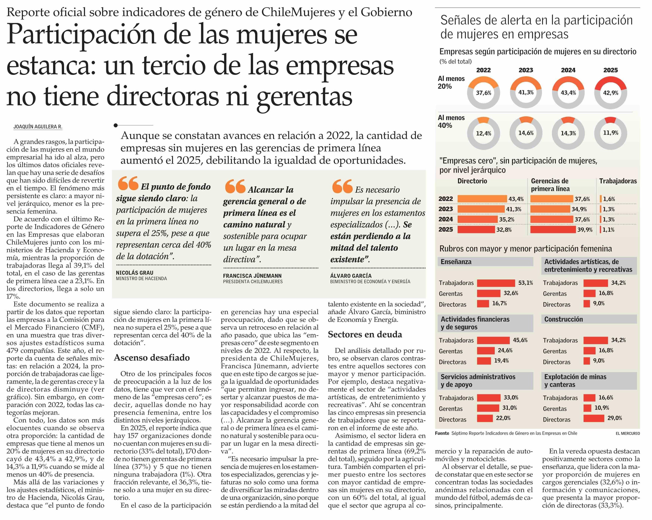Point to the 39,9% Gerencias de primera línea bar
click(x=553, y=230)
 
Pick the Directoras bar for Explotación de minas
click(x=594, y=418)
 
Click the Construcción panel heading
click(x=563, y=319)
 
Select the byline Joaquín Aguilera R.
click(x=38, y=127)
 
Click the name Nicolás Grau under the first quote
click(x=135, y=273)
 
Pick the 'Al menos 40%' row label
click(x=451, y=121)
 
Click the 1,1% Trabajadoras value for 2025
click(x=608, y=230)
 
